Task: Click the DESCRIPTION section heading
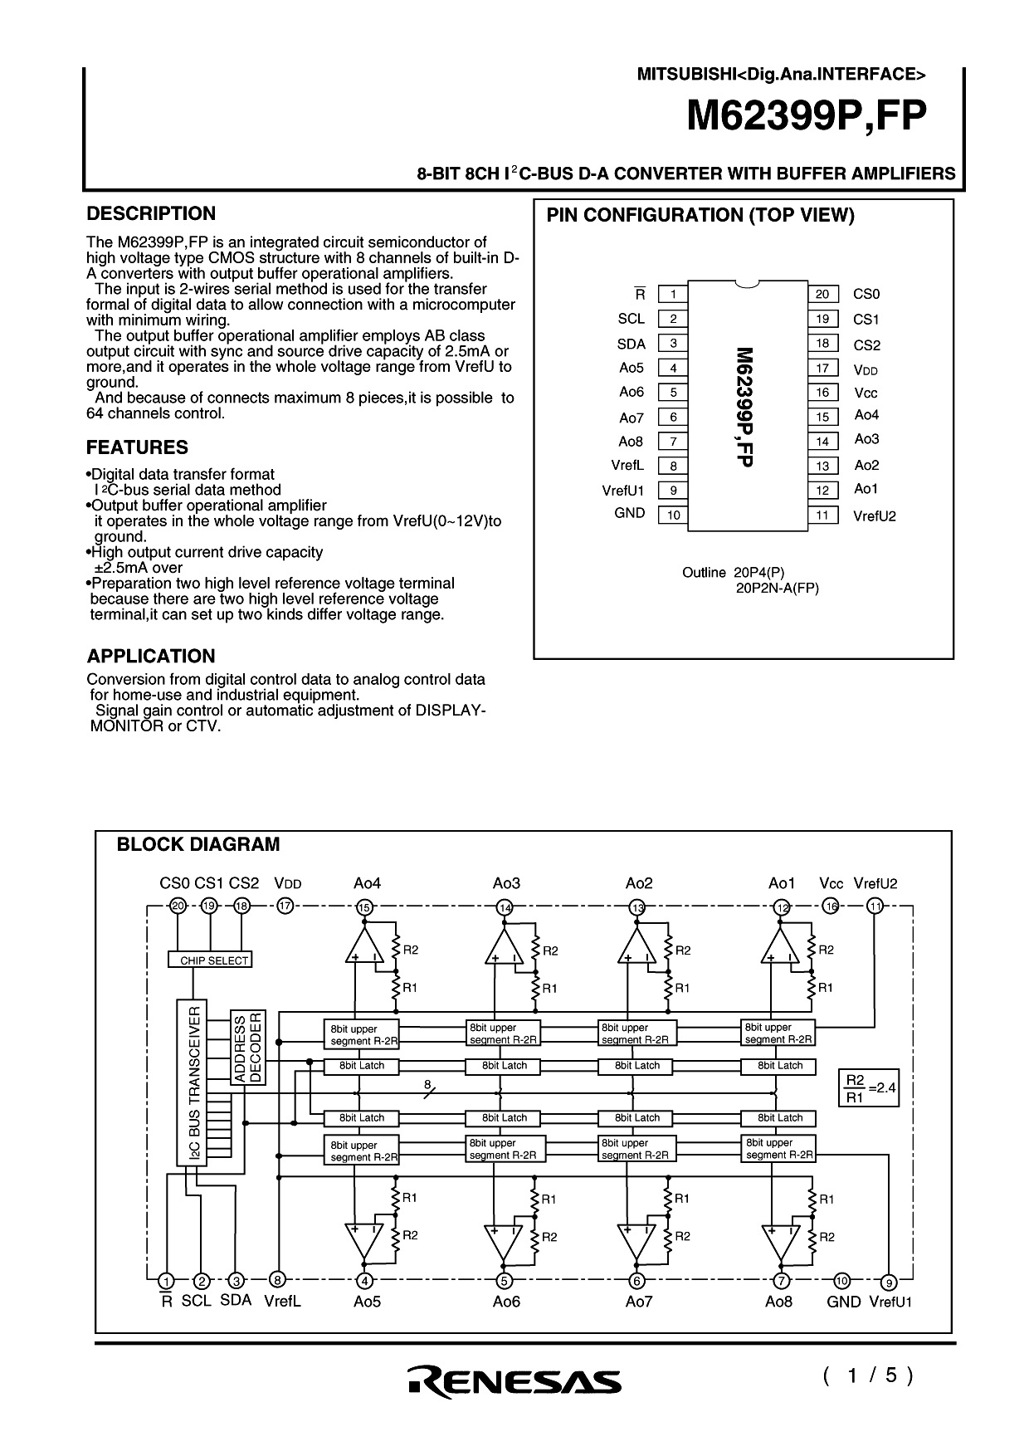click(151, 214)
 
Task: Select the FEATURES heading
click(137, 448)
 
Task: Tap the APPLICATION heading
click(151, 657)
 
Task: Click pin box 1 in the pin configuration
click(673, 294)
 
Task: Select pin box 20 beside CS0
click(822, 294)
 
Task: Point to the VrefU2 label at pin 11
click(874, 516)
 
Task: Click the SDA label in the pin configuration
click(631, 344)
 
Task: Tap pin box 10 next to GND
click(673, 515)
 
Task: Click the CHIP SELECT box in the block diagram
click(209, 960)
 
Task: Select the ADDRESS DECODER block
click(247, 1047)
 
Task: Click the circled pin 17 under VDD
click(285, 906)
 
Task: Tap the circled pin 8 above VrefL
click(278, 1280)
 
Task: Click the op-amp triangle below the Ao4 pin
click(363, 946)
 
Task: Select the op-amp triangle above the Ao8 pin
click(778, 1240)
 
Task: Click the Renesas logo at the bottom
click(514, 1380)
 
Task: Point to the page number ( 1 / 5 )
click(867, 1376)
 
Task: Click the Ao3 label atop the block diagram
click(506, 884)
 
